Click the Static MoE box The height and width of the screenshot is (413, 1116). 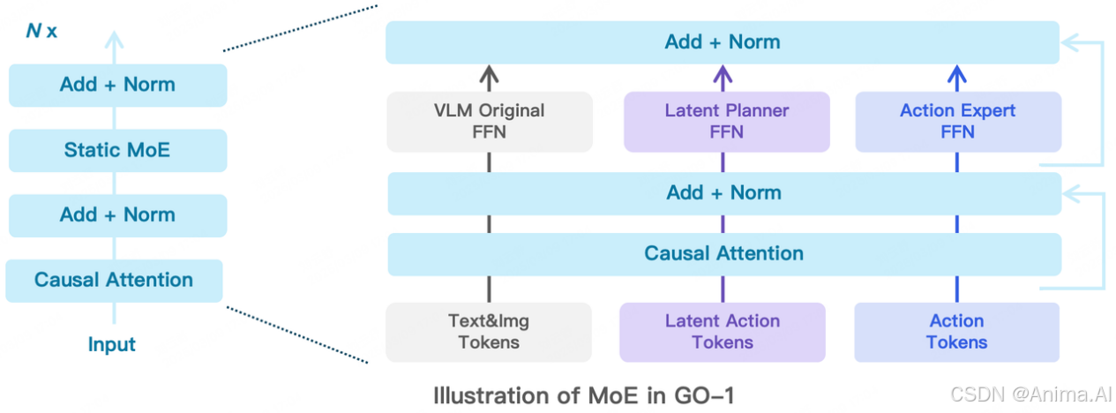click(x=117, y=150)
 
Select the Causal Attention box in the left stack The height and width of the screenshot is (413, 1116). click(x=114, y=281)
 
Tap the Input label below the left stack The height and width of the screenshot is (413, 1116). click(x=112, y=344)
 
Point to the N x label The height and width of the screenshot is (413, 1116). click(x=39, y=31)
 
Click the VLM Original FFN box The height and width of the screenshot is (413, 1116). click(x=489, y=122)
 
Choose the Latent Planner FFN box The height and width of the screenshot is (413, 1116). click(x=726, y=122)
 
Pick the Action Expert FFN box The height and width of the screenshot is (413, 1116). click(x=957, y=122)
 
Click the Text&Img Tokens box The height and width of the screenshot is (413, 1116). click(x=488, y=332)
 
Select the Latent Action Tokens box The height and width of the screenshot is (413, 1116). click(x=722, y=332)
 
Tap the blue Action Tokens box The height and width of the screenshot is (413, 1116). click(x=956, y=332)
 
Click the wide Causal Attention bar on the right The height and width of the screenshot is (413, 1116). click(x=723, y=254)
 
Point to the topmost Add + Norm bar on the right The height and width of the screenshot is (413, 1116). click(x=722, y=42)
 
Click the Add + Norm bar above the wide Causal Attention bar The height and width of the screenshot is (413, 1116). click(x=723, y=193)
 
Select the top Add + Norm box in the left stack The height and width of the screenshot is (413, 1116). click(x=117, y=86)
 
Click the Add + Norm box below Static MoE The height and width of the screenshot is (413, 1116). click(x=117, y=214)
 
